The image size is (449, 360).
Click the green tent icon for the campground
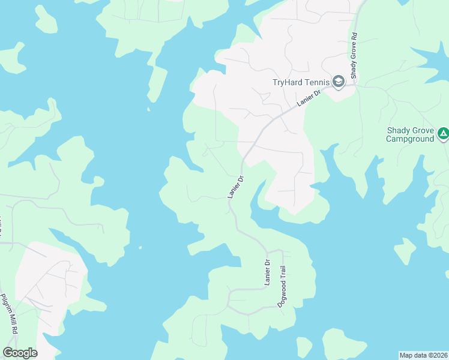[443, 134]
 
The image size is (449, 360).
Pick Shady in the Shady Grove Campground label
[399, 130]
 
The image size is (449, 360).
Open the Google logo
[20, 353]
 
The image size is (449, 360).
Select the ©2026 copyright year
[437, 355]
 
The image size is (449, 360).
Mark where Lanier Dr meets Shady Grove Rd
[354, 83]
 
